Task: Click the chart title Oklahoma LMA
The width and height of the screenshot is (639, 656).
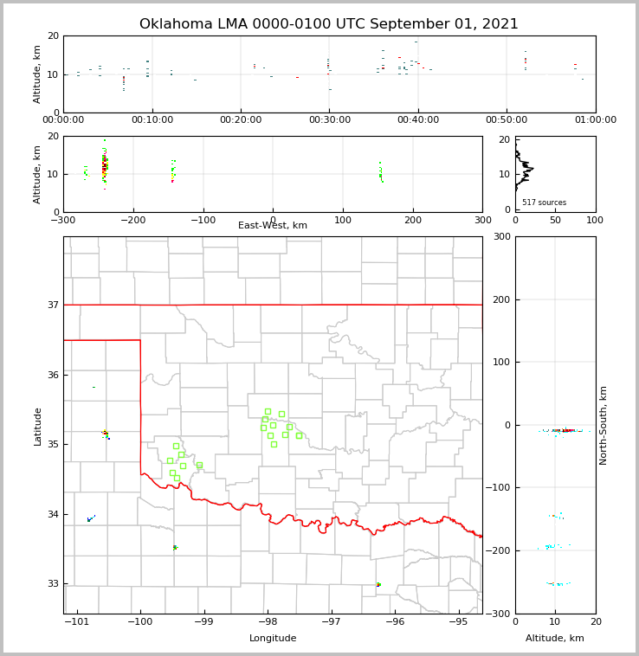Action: point(328,24)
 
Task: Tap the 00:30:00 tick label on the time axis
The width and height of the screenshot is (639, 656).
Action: point(329,120)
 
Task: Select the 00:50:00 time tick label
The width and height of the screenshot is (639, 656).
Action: point(507,120)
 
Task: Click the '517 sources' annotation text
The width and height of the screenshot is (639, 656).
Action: point(544,203)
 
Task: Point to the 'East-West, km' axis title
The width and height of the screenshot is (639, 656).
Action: point(273,226)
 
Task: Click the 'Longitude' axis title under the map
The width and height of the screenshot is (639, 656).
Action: point(273,639)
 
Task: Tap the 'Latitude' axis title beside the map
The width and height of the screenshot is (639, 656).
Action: point(37,426)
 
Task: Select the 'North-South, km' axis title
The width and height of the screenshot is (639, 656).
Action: point(603,425)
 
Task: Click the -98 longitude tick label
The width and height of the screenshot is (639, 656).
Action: point(267,622)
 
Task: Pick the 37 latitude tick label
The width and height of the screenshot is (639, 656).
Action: point(51,305)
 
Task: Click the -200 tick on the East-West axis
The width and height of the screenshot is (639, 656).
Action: point(132,220)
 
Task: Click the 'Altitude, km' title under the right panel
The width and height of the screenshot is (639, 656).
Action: point(555,639)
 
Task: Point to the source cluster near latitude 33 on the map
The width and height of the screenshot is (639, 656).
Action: point(378,585)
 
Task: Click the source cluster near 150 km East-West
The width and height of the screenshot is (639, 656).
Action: point(380,174)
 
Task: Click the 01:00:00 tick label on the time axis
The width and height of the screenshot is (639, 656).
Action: point(596,120)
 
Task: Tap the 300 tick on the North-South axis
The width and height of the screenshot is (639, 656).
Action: point(501,237)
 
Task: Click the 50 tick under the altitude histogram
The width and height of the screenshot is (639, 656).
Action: point(555,220)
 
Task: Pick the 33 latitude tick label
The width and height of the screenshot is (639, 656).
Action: point(51,584)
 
